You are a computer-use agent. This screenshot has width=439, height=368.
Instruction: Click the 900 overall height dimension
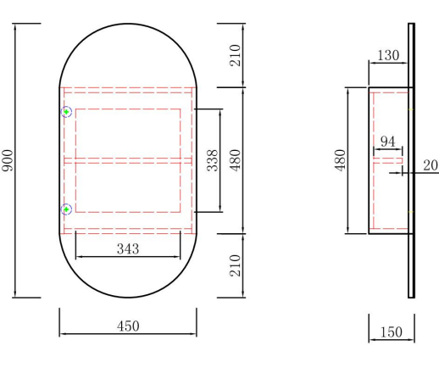8,160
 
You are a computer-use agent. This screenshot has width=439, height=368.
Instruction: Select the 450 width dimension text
128,326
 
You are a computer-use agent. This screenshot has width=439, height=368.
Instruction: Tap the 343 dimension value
128,249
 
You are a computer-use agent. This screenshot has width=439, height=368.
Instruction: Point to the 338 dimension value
213,160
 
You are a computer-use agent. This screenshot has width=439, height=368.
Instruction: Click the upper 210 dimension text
235,55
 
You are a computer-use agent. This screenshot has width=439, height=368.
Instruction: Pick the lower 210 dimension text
235,265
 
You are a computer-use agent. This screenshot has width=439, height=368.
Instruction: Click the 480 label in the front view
235,160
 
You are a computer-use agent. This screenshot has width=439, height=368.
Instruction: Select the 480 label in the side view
340,160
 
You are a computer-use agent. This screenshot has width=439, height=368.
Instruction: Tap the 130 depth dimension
388,55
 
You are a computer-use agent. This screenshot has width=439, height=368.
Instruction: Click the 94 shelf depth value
388,142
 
